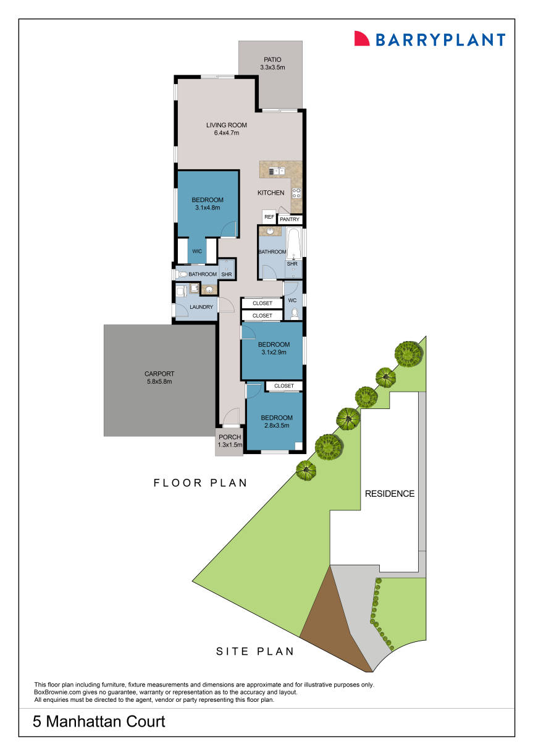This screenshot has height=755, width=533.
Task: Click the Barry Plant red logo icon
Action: point(361,38)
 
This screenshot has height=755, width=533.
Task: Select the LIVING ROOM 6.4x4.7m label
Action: point(226,129)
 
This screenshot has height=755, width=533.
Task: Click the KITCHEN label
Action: point(271,193)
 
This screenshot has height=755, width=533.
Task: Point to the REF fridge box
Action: point(269,217)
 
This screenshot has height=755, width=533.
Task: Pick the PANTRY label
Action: point(290,219)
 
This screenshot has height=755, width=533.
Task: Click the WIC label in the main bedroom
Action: point(197,251)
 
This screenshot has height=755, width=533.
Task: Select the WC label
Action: point(293,300)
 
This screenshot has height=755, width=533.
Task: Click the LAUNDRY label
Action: point(201,307)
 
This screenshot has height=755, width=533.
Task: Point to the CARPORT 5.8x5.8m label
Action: point(159,377)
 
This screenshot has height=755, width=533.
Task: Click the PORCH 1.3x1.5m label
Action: point(229,441)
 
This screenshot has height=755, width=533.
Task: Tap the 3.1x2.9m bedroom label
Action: point(274,348)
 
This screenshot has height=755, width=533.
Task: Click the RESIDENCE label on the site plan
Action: point(389,494)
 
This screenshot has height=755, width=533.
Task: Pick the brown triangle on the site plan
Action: point(330,624)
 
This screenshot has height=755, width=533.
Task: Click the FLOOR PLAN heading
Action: point(200,483)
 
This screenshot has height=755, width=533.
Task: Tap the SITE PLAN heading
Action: point(254,651)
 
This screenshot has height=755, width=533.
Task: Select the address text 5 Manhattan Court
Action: point(99,721)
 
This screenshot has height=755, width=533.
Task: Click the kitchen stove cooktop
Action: point(296,192)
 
